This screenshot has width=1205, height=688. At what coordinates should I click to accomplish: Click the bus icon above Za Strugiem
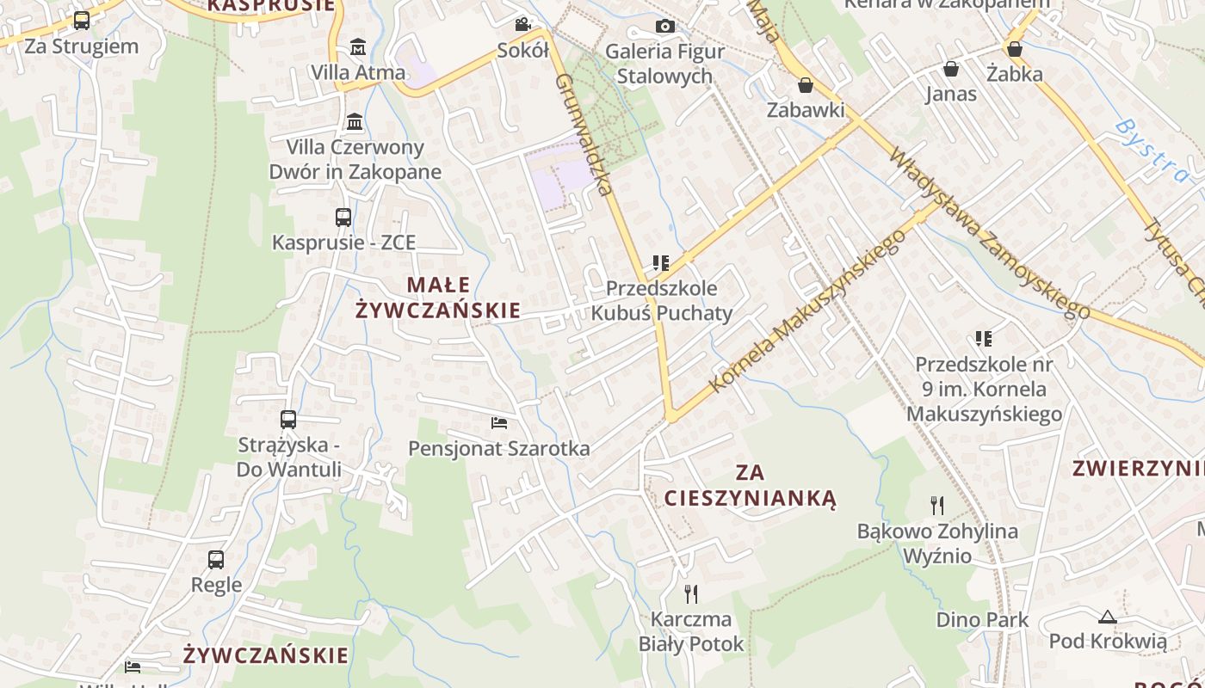82,21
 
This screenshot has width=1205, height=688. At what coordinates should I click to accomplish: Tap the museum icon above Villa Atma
358,46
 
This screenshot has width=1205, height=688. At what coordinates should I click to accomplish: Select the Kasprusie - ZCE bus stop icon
343,218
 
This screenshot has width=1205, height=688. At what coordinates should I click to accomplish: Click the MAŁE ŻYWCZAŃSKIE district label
438,298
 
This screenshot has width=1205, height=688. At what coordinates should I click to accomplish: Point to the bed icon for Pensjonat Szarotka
499,422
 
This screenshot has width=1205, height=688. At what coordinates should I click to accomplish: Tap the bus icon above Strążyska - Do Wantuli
288,420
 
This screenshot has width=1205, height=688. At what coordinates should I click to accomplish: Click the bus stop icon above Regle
216,560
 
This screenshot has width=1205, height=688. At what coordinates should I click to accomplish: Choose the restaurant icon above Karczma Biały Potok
690,593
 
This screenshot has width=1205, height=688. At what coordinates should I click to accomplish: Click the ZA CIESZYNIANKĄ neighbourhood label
750,485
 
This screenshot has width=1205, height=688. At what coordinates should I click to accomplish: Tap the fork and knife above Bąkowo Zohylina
937,505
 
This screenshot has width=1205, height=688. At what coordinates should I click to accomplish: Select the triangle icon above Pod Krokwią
1107,616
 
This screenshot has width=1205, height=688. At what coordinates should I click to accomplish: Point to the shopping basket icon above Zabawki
806,85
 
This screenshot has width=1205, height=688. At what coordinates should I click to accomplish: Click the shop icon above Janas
951,69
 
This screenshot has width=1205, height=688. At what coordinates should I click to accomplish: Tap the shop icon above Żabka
1015,49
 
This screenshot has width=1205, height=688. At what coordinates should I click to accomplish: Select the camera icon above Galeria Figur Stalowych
664,27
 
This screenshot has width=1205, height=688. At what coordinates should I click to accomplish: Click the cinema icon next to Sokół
522,25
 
